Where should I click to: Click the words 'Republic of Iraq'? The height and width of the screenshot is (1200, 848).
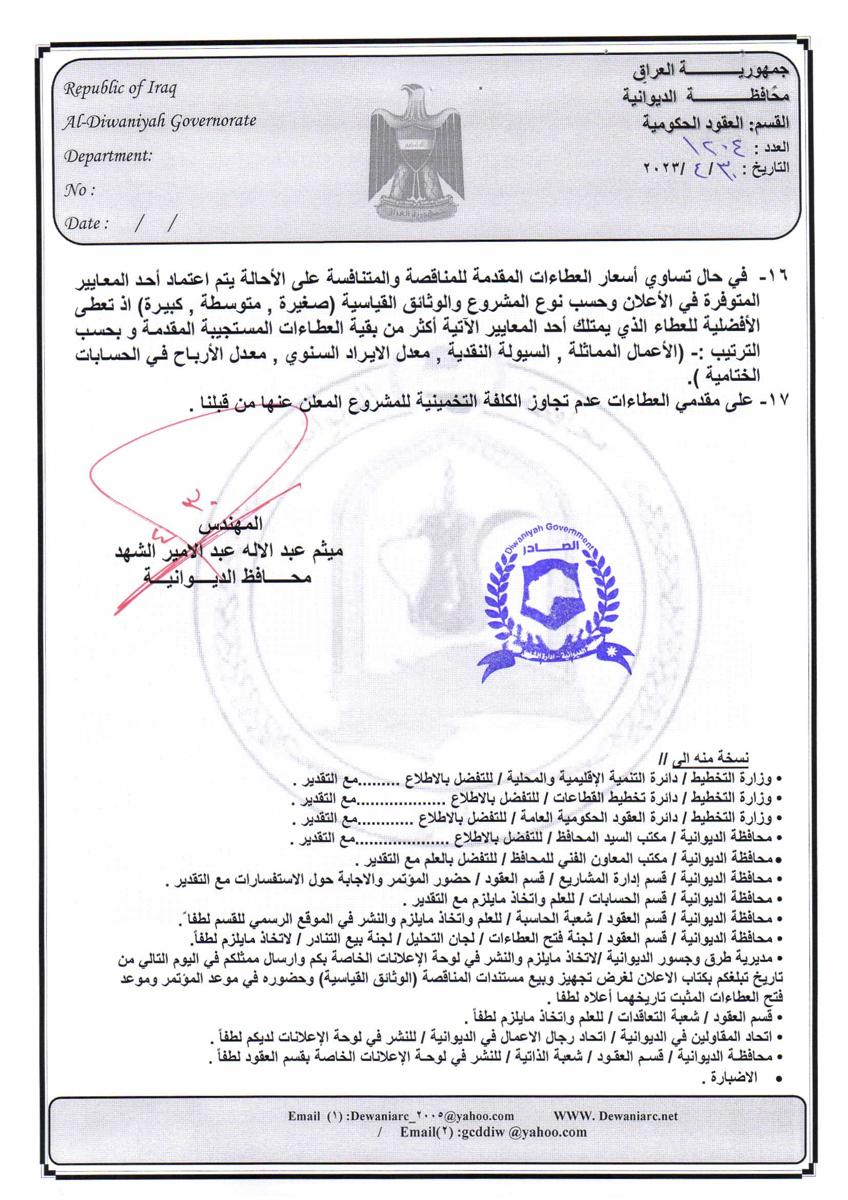click(120, 89)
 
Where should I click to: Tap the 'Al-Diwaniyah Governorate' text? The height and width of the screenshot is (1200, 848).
click(160, 122)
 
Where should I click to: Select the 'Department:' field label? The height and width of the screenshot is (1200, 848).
click(108, 156)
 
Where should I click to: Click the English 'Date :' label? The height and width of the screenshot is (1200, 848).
click(86, 224)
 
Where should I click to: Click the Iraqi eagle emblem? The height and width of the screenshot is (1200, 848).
click(416, 151)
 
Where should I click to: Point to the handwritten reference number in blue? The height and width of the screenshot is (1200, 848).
click(714, 147)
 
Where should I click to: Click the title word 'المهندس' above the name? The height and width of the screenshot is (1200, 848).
click(230, 523)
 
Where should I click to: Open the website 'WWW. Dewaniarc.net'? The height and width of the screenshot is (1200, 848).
click(616, 1116)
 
